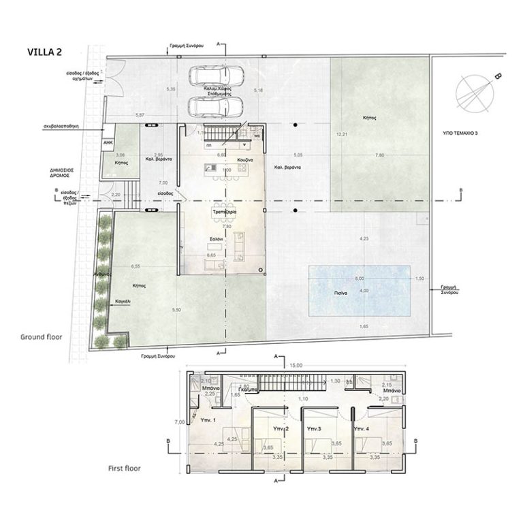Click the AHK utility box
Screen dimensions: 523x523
(x=108, y=143)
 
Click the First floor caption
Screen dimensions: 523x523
(x=129, y=469)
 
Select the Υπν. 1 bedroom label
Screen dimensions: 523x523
(x=208, y=419)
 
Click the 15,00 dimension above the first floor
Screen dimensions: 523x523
(x=294, y=365)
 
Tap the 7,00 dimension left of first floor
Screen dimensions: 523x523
(x=179, y=422)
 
